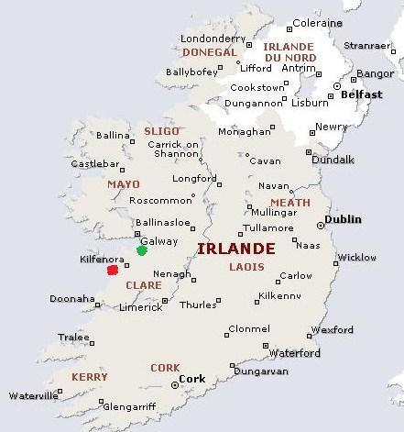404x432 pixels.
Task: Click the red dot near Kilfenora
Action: pos(113,270)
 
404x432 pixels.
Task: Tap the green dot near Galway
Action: pos(141,249)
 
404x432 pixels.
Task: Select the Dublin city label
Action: pos(344,219)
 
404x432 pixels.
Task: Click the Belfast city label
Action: pos(359,94)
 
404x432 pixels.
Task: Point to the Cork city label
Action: pos(192,378)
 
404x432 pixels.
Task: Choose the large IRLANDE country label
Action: pos(235,249)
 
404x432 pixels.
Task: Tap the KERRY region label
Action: pos(89,377)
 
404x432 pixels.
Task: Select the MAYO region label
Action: pos(123,183)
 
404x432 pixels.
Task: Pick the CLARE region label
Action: pos(143,285)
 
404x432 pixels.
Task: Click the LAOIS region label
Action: pos(248,267)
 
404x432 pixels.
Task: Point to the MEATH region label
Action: pos(289,203)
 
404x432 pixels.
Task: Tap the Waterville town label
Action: pos(32,396)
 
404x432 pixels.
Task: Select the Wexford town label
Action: pos(332,329)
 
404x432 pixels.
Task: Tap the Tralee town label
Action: pos(75,337)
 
